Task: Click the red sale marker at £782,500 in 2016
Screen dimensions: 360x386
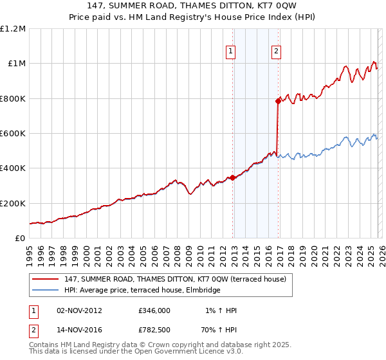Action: (x=278, y=101)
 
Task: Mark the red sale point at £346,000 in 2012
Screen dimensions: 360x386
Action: (x=232, y=177)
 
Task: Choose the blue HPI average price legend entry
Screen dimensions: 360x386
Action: (x=142, y=291)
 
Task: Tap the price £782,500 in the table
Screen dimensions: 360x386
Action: (x=154, y=331)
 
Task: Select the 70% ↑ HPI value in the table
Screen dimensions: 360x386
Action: (x=221, y=331)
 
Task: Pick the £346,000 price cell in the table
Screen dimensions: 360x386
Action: (x=154, y=310)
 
